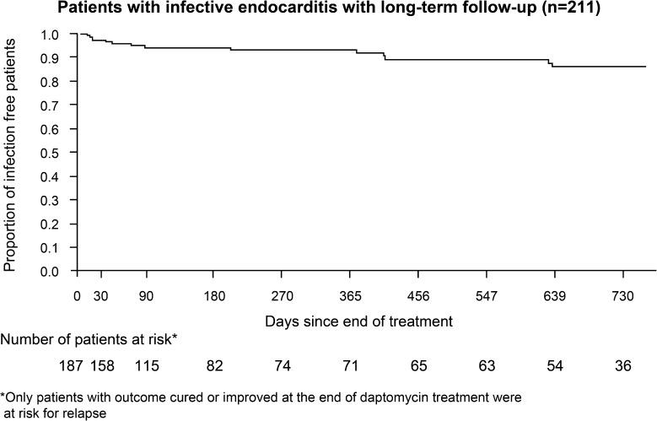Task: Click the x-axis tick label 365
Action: (350, 294)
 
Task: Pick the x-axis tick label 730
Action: (622, 294)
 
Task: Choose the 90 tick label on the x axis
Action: (146, 294)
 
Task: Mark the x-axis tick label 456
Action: (418, 294)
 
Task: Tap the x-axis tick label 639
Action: (554, 294)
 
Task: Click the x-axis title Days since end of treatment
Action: (359, 321)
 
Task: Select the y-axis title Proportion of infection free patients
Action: (11, 153)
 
